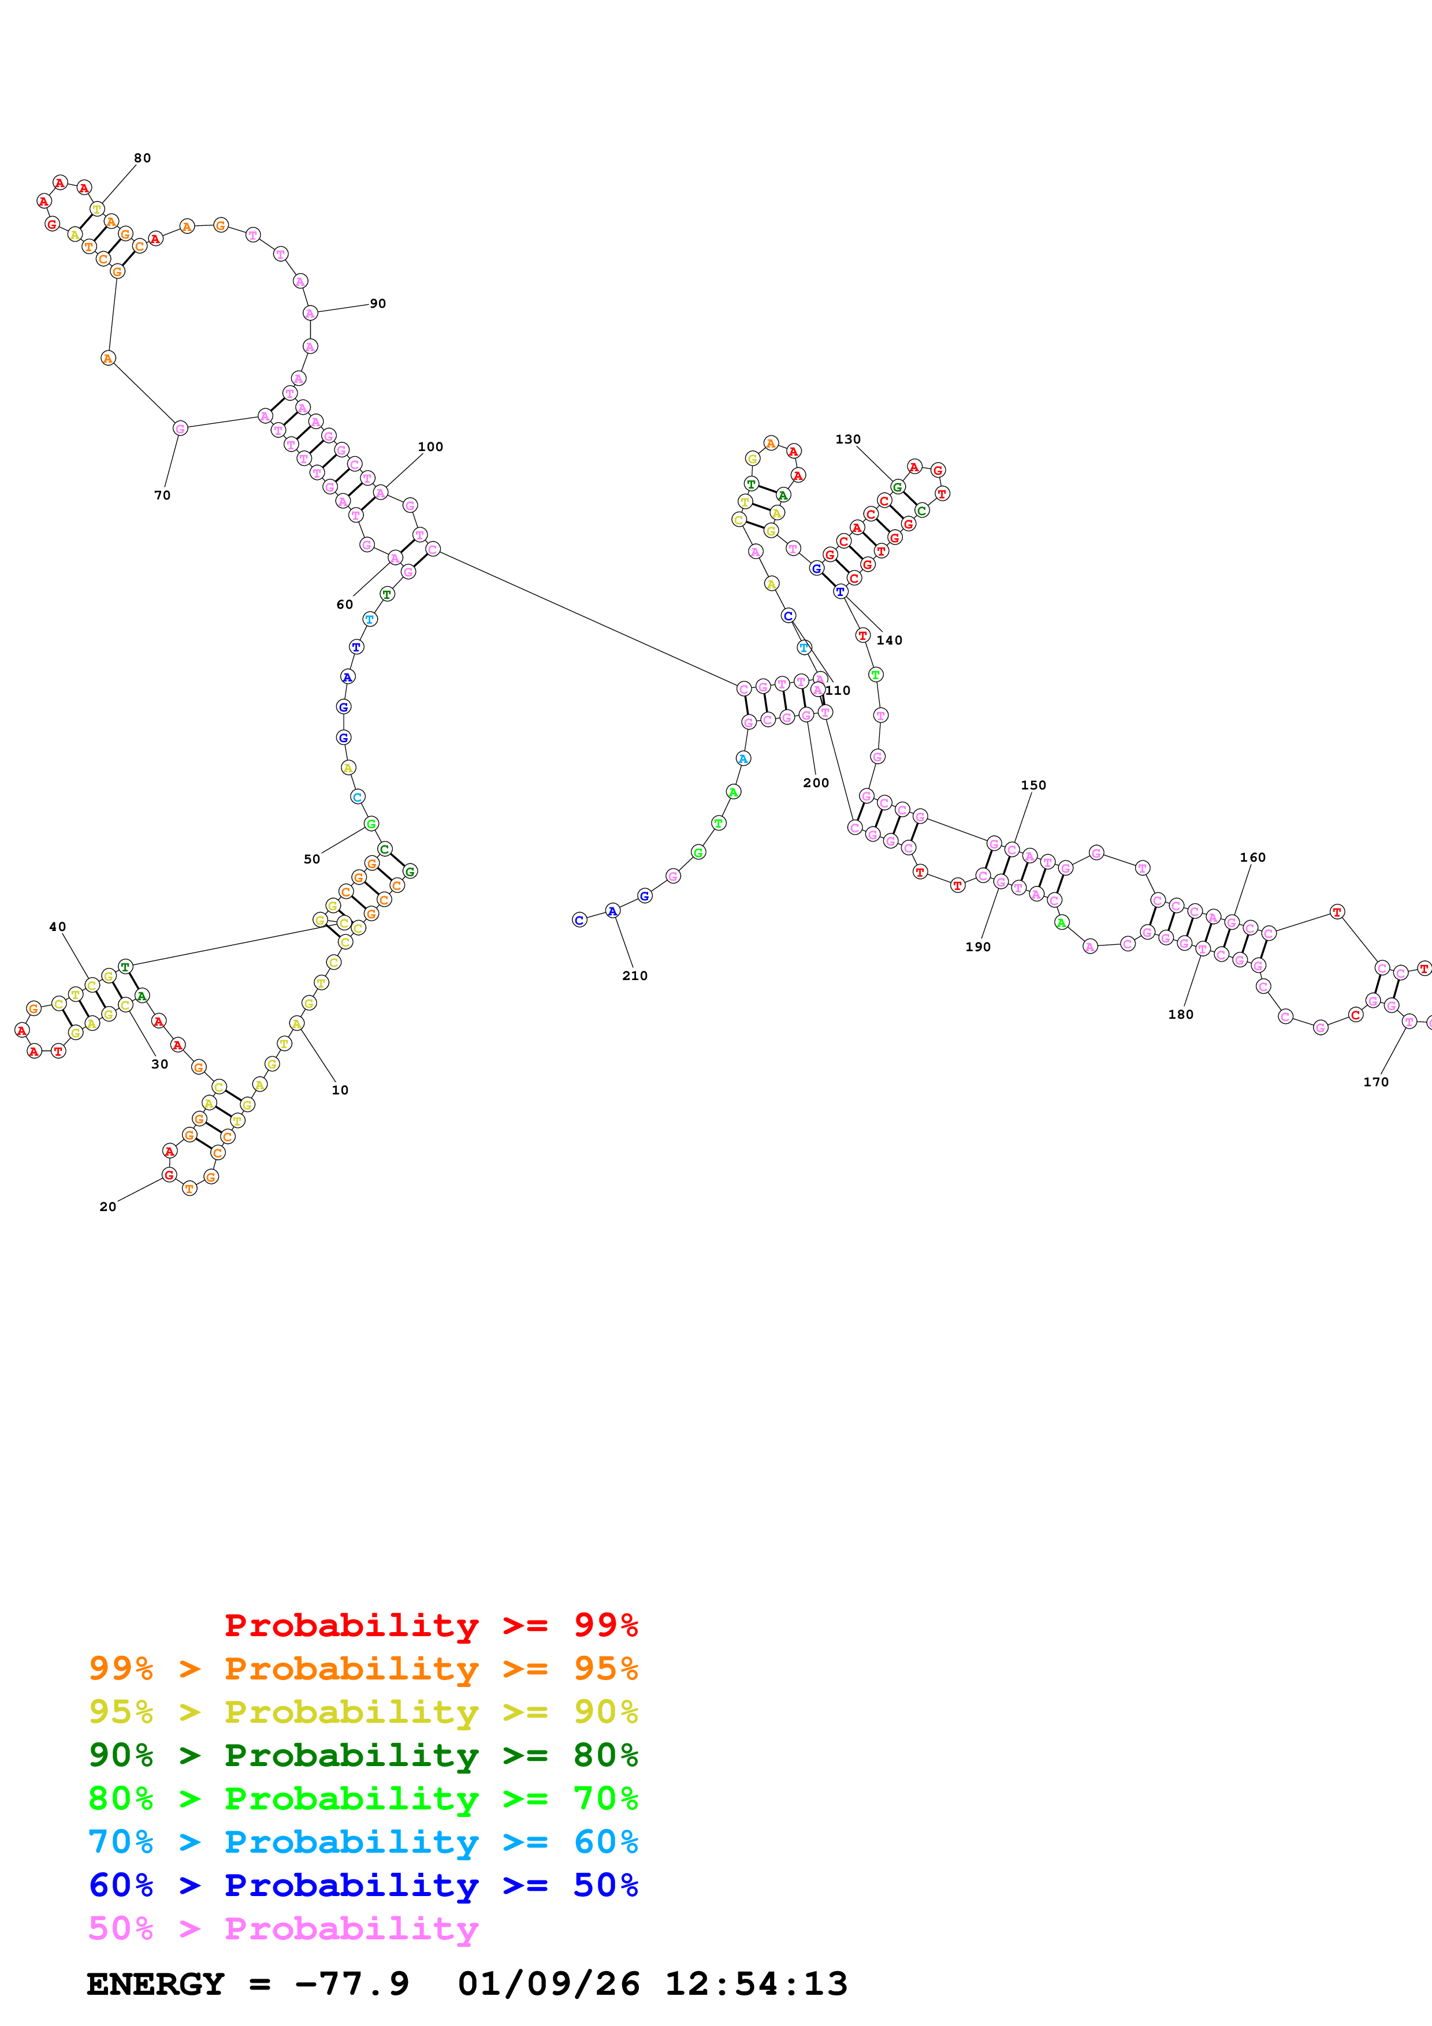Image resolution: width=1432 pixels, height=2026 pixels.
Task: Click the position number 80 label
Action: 142,158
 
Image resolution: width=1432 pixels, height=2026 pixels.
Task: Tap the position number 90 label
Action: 378,304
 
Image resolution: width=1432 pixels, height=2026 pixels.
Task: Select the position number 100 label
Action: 430,446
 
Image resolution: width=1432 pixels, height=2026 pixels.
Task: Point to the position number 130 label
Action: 848,440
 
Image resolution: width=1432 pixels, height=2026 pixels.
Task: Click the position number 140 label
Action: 890,640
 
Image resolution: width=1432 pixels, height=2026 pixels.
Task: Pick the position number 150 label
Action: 1033,785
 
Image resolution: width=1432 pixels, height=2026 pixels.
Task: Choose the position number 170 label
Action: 1375,1082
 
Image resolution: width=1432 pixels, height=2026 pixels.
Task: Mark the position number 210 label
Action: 634,976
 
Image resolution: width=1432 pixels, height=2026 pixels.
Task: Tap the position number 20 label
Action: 107,1207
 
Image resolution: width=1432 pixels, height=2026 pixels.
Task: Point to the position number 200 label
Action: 816,783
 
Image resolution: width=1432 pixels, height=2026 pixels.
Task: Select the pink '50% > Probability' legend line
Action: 283,1928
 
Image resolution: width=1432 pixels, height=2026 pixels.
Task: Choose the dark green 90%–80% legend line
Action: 363,1755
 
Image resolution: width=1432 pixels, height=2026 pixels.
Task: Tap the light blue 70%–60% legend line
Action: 363,1842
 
